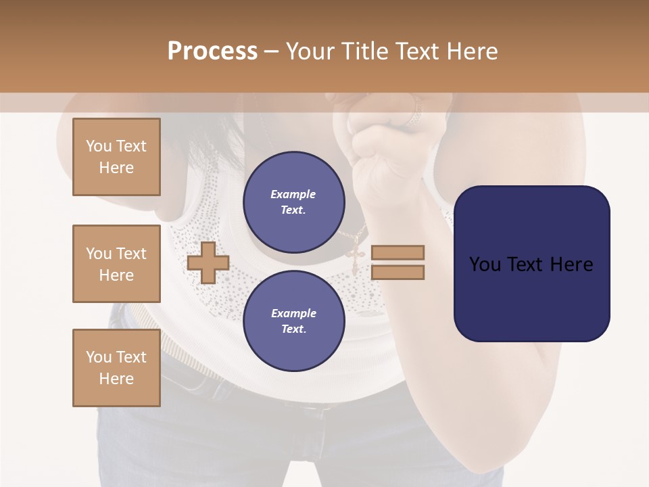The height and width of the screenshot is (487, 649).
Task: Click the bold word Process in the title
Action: pos(212,51)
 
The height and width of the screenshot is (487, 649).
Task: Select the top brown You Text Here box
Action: pos(116,157)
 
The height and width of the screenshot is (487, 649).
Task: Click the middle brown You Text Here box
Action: pos(116,264)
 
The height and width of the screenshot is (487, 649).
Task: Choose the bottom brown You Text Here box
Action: pos(116,368)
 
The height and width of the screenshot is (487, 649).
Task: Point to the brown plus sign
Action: pos(208,262)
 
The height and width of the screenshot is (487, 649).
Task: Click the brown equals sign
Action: pos(398,262)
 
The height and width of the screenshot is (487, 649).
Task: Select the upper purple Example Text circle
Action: pos(293,202)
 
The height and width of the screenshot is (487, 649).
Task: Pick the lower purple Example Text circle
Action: pos(293,321)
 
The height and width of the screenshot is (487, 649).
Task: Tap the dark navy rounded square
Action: pos(531,263)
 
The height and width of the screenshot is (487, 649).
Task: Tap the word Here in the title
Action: pos(473,51)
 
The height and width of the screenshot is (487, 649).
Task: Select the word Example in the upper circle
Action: pos(293,194)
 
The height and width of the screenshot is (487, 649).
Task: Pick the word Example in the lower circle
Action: pos(293,313)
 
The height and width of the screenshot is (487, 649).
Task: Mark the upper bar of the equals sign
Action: pos(398,252)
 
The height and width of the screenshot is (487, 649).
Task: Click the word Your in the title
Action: pos(308,51)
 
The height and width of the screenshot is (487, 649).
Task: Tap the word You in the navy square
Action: pos(484,264)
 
